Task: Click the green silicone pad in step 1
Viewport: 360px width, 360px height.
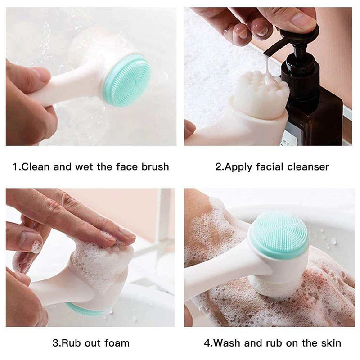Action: pos(128,80)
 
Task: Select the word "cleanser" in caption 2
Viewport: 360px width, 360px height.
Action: pos(307,167)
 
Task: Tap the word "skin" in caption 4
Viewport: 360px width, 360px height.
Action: pos(328,343)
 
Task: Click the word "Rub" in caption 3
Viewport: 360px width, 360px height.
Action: pos(69,343)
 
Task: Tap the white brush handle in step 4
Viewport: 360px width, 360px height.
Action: pos(216,281)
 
